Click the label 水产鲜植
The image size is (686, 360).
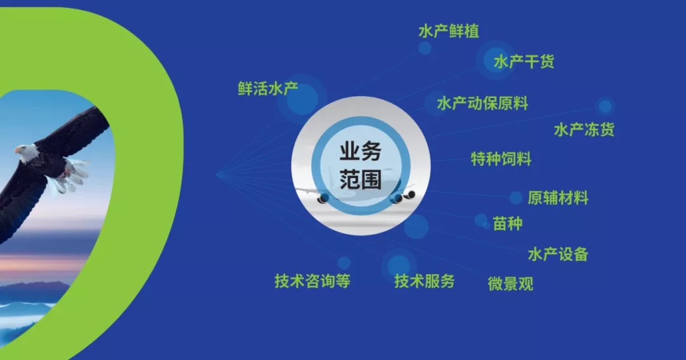pyautogui.click(x=448, y=31)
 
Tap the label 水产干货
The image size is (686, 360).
pyautogui.click(x=523, y=62)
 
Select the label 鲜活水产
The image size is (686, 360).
pyautogui.click(x=268, y=89)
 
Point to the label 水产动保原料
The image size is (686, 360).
pyautogui.click(x=482, y=103)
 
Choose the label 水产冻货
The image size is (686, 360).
pyautogui.click(x=584, y=130)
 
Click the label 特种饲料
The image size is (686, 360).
pyautogui.click(x=501, y=158)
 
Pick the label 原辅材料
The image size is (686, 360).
pyautogui.click(x=558, y=197)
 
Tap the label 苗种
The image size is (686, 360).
pyautogui.click(x=508, y=223)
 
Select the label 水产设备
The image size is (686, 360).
pyautogui.click(x=558, y=255)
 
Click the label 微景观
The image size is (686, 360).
pyautogui.click(x=510, y=283)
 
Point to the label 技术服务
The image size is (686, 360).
pyautogui.click(x=424, y=281)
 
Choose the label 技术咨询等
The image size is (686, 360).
pyautogui.click(x=312, y=281)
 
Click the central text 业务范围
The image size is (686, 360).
pyautogui.click(x=360, y=166)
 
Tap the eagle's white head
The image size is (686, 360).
pyautogui.click(x=26, y=152)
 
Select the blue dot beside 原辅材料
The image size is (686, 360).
pyautogui.click(x=516, y=198)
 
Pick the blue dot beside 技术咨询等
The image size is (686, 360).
pyautogui.click(x=344, y=262)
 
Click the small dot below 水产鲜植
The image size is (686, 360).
pyautogui.click(x=424, y=48)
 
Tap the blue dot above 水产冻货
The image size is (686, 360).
pyautogui.click(x=605, y=105)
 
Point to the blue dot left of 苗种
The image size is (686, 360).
pyautogui.click(x=481, y=220)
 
